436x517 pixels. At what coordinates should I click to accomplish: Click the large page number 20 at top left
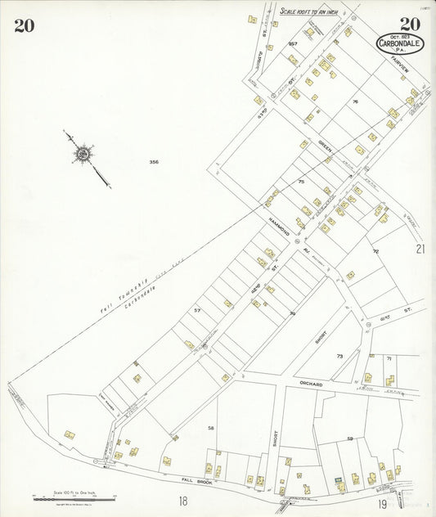24,25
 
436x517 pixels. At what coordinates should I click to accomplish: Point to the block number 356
154,162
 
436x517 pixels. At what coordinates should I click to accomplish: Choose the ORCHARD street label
306,384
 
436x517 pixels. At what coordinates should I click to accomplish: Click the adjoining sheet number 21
420,249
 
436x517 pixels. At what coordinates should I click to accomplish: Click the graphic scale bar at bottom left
74,496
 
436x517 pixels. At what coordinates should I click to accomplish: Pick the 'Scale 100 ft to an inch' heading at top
308,11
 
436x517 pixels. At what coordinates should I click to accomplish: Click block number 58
210,428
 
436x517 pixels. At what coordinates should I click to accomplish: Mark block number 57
196,311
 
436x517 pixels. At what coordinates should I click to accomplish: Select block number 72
375,251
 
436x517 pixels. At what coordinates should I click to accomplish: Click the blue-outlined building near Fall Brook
336,476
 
